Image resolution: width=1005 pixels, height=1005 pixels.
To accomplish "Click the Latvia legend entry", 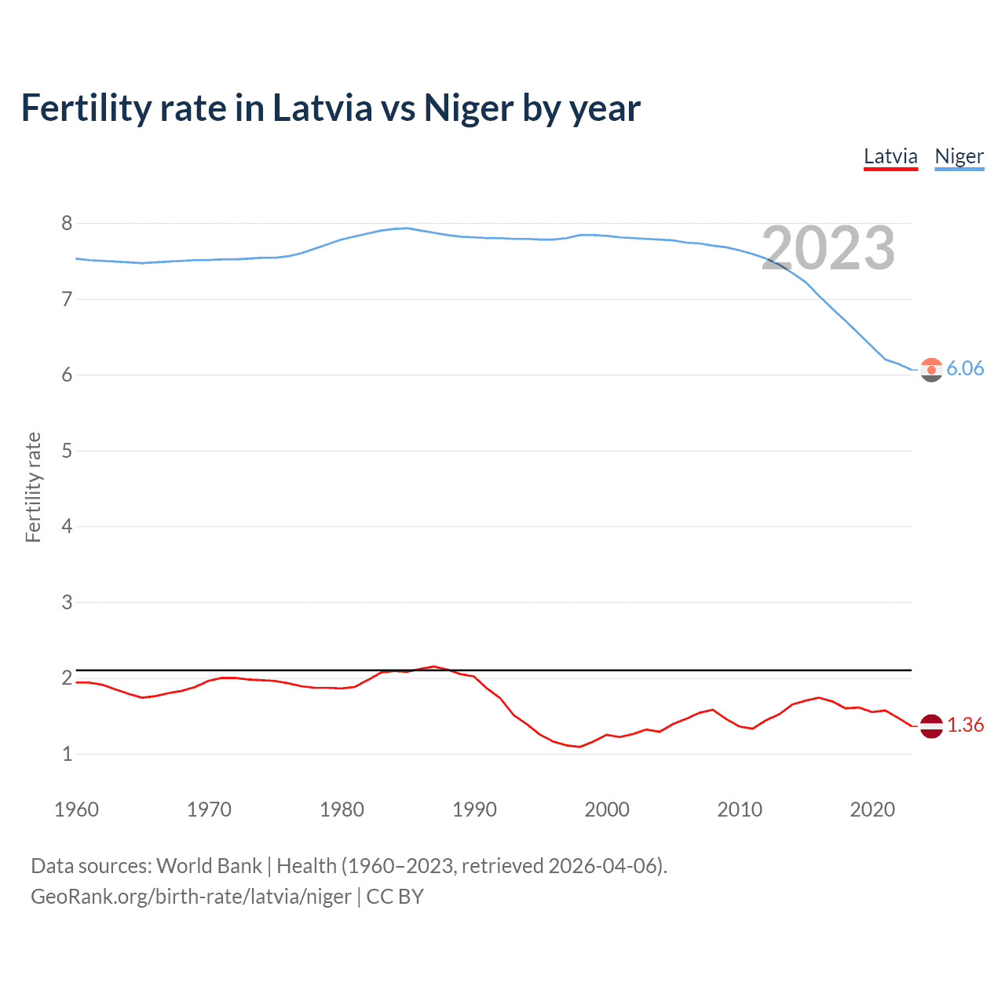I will click(x=890, y=156).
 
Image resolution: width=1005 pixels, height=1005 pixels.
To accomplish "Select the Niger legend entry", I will click(x=959, y=156).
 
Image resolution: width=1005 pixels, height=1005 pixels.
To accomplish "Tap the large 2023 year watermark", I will click(x=828, y=249).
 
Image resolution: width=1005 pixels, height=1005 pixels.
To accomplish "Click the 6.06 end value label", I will click(x=965, y=369).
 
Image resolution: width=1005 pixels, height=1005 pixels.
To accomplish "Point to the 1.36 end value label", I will click(x=965, y=725).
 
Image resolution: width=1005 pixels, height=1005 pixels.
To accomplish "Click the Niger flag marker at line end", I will click(x=931, y=369).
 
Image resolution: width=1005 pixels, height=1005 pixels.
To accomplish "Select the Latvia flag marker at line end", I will click(x=931, y=725).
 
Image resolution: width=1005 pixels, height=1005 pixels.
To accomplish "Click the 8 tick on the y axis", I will click(x=67, y=224).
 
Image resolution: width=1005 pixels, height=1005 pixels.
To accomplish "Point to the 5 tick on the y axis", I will click(x=67, y=451).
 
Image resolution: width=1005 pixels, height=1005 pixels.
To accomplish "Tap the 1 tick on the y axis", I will click(x=67, y=754).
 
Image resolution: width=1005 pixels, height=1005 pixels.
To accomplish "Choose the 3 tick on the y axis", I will click(x=67, y=602).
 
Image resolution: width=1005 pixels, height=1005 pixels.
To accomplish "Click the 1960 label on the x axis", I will click(x=76, y=809).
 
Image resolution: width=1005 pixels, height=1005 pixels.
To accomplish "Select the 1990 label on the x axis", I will click(x=474, y=809).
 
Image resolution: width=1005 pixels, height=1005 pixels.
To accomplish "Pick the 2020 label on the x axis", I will click(x=872, y=809).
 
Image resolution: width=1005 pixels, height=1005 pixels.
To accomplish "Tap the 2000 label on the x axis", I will click(x=607, y=809).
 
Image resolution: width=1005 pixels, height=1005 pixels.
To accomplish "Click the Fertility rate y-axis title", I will click(x=33, y=487).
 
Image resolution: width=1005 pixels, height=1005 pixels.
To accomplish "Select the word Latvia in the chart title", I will click(x=323, y=108).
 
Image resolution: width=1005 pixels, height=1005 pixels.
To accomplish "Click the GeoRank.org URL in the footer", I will click(x=191, y=897).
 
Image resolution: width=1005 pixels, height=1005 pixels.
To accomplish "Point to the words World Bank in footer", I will click(x=209, y=866).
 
